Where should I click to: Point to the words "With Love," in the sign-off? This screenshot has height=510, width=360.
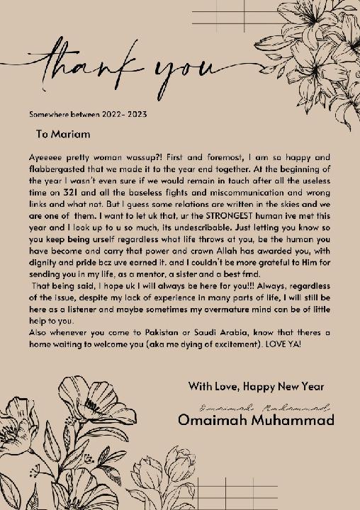coord(212,387)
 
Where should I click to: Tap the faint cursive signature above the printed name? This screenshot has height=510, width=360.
coord(266,408)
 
